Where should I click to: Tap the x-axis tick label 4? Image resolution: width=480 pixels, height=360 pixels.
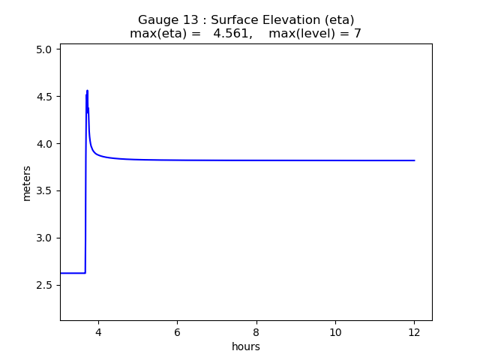coord(98,332)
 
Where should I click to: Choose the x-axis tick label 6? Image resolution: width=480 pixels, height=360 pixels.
coord(177,332)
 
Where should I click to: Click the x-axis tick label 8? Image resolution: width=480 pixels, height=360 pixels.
coord(256,332)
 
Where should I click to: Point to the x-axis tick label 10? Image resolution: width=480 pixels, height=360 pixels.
coord(335,332)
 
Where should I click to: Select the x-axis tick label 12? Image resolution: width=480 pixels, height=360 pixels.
coord(414,332)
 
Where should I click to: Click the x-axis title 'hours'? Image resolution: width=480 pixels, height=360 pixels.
coord(246,346)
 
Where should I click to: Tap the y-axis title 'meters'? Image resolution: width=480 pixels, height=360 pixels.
coord(27,183)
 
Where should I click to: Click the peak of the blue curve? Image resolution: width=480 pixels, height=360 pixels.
coord(87,91)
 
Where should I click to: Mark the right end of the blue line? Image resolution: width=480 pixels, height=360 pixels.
coord(414,160)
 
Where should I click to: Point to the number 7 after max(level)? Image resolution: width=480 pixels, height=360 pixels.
coord(358,34)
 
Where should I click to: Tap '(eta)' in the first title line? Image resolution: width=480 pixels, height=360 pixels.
coord(340,20)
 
